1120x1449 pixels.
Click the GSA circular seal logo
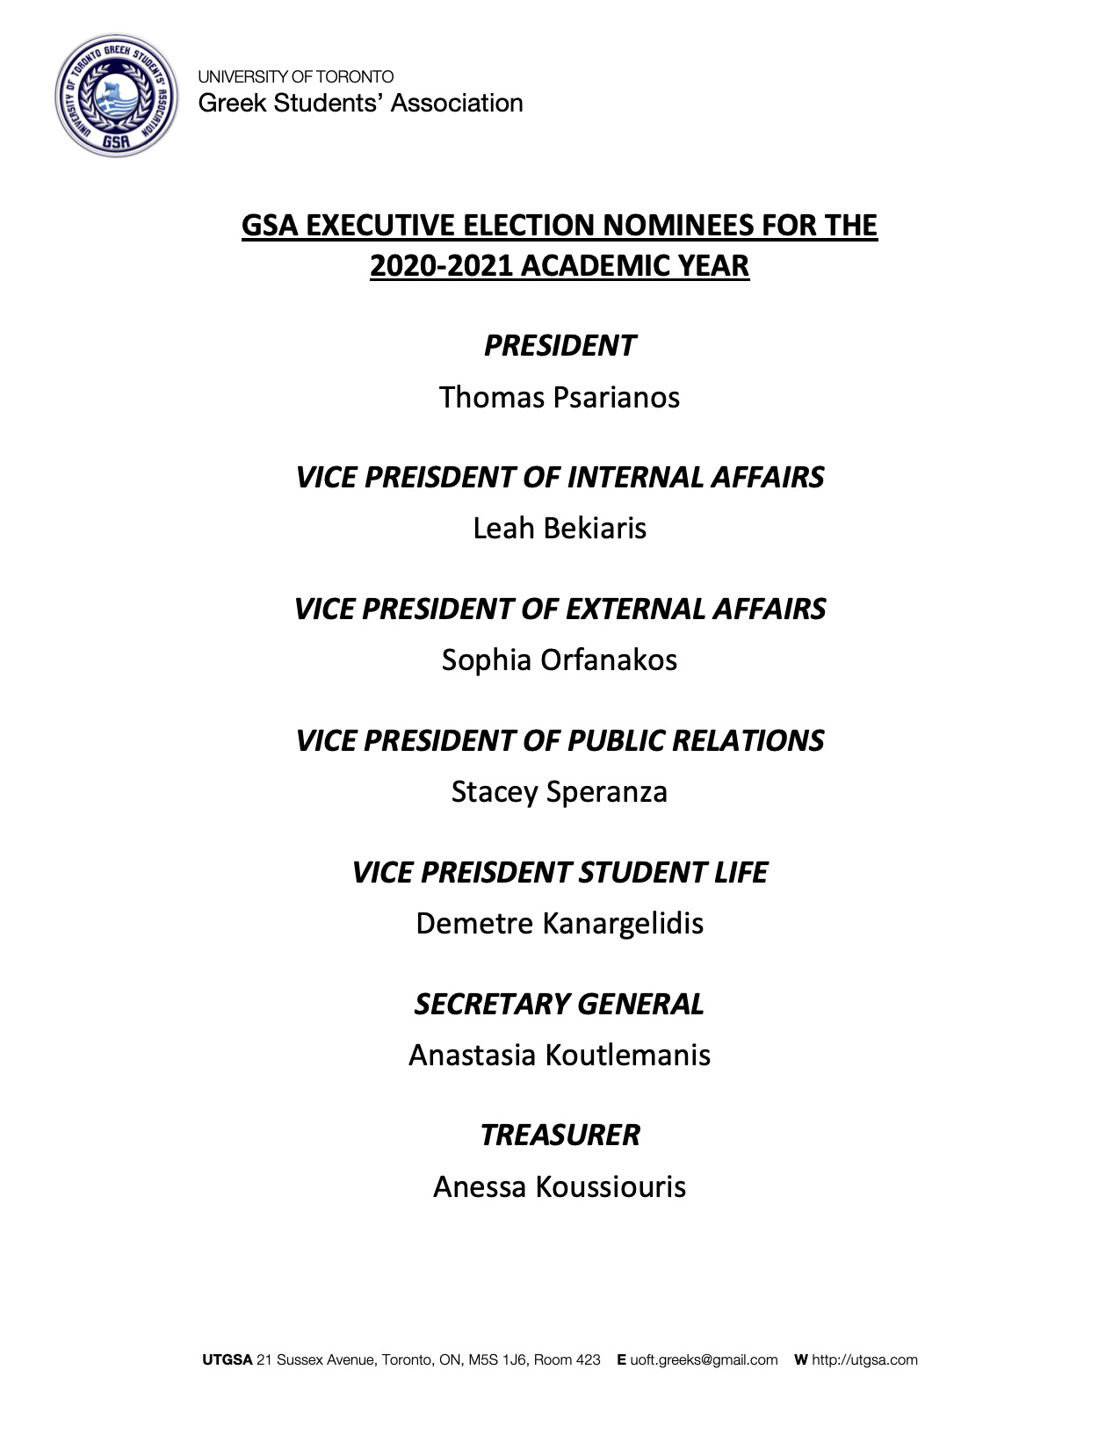tap(116, 96)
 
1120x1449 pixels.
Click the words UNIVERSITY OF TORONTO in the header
tap(295, 77)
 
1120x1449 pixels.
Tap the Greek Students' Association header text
tap(360, 104)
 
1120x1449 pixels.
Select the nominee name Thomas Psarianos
tap(560, 397)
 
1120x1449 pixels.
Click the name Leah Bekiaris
tap(560, 528)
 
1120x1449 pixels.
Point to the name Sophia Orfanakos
tap(560, 660)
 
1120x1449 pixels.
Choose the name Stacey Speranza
tap(560, 791)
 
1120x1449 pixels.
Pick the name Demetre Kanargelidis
tap(560, 923)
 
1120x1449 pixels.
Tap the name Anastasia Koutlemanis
tap(560, 1055)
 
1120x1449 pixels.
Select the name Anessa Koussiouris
tap(560, 1186)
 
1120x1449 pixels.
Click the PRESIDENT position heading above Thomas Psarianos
tap(560, 346)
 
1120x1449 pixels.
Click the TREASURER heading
tap(560, 1135)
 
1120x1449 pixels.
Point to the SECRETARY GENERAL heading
tap(560, 1004)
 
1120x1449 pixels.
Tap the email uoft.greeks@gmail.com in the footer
tap(704, 1360)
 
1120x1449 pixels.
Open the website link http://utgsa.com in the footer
tap(864, 1360)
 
